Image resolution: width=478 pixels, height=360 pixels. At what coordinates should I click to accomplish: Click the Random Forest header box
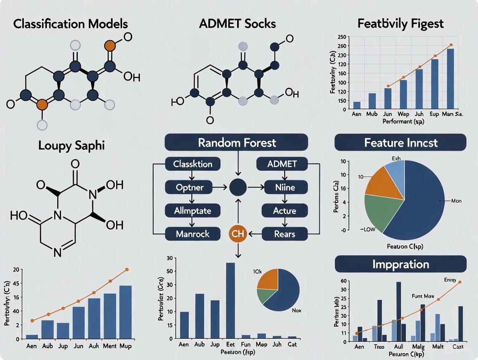point(236,142)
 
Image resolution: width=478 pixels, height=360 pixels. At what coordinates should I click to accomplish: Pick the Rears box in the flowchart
point(284,234)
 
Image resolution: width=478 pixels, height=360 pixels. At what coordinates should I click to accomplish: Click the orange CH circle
point(237,234)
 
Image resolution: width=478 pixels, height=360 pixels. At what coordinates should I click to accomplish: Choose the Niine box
point(284,187)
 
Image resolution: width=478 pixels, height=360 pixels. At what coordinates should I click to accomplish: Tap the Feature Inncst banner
point(400,142)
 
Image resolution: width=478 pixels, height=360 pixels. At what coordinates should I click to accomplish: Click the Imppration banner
point(400,264)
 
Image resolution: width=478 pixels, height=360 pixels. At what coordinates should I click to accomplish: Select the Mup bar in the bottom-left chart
point(125,312)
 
